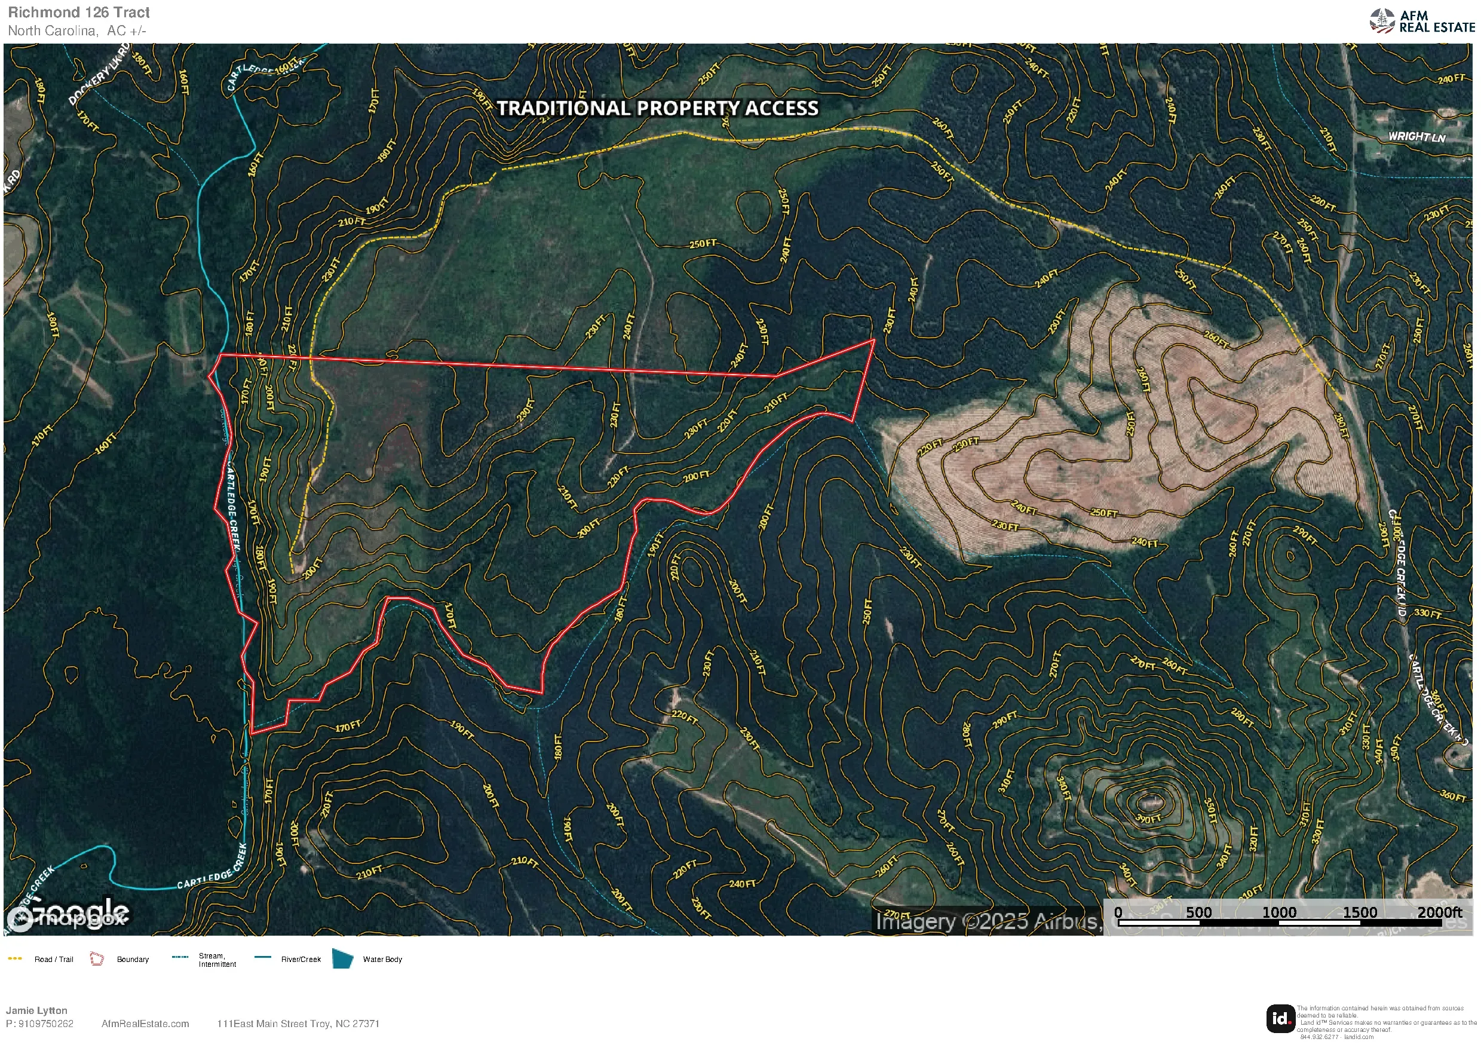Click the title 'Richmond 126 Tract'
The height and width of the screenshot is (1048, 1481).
coord(79,13)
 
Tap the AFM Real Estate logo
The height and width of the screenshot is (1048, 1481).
coord(1422,22)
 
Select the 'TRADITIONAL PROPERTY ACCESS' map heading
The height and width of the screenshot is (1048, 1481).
coord(658,108)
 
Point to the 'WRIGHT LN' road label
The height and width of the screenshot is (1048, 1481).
coord(1416,137)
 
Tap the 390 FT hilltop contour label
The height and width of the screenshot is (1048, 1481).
coord(1148,819)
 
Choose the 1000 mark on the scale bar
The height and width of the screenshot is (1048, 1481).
coord(1279,912)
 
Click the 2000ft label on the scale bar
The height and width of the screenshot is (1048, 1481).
coord(1439,912)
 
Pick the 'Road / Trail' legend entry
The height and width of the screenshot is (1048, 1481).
coord(54,960)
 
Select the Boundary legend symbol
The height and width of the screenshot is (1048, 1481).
coord(97,959)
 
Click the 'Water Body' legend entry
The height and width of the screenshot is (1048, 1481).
coord(382,960)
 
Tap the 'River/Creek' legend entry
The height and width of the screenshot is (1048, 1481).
coord(301,960)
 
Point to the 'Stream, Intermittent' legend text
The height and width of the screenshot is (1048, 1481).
coord(217,960)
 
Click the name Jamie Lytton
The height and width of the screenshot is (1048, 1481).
coord(37,1010)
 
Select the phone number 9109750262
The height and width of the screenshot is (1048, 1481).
coord(46,1024)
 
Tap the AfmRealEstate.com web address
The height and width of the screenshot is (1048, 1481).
coord(145,1024)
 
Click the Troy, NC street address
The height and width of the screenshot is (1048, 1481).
coord(298,1024)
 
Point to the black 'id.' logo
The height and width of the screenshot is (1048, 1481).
coord(1280,1019)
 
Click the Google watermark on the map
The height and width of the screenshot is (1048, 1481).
coord(68,914)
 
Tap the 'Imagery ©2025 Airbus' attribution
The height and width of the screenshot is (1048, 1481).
coord(988,921)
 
